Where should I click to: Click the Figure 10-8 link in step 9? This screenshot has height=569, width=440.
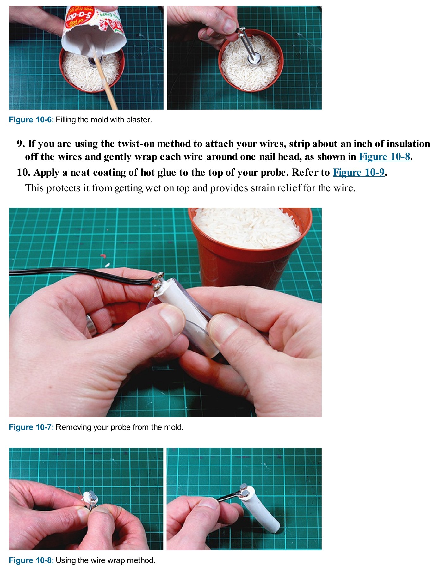click(x=384, y=157)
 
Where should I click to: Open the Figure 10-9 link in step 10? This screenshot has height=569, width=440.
click(x=359, y=173)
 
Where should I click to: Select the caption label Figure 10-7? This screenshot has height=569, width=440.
click(x=31, y=427)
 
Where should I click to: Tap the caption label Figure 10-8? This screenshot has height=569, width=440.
click(x=31, y=560)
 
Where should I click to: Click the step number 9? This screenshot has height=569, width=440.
click(x=21, y=144)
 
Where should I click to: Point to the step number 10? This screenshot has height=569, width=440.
click(x=23, y=173)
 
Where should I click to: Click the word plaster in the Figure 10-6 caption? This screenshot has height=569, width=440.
click(x=139, y=120)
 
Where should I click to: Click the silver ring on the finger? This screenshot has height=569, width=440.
click(x=91, y=325)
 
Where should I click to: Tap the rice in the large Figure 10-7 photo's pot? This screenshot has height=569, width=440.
click(x=247, y=228)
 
